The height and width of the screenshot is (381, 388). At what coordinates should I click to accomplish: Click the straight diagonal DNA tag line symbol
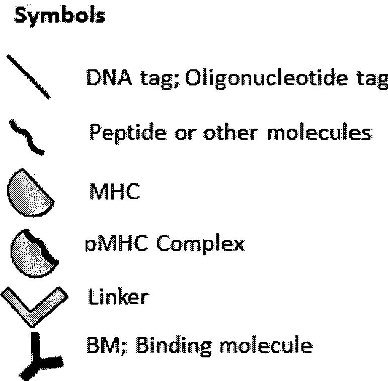click(x=29, y=76)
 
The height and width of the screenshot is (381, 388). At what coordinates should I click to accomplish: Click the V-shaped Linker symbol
click(x=34, y=304)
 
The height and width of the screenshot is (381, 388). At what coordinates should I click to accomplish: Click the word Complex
click(x=200, y=244)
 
